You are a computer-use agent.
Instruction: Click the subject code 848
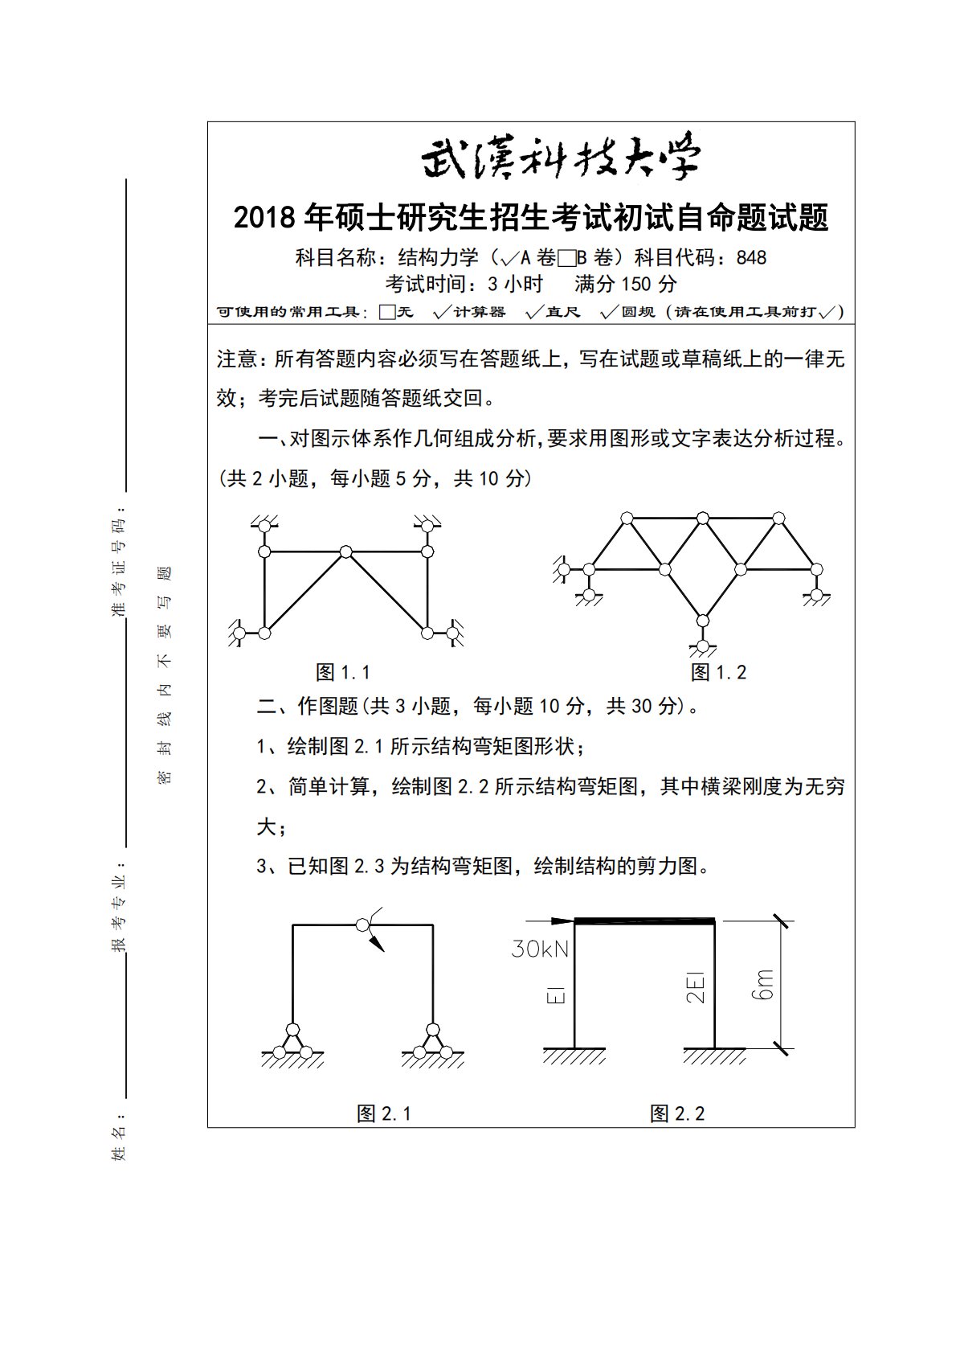click(x=751, y=258)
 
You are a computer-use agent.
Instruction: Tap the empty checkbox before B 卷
click(x=566, y=259)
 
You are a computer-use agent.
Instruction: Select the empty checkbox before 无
click(x=387, y=312)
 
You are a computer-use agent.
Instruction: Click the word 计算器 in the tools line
click(x=480, y=312)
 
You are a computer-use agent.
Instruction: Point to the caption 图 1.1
click(x=343, y=672)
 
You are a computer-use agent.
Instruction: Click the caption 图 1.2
click(x=718, y=672)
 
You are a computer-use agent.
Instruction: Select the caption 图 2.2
click(x=677, y=1113)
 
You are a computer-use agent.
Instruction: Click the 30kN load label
click(x=540, y=949)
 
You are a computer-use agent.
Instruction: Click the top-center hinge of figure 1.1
click(x=345, y=551)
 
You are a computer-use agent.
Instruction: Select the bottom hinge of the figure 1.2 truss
click(x=703, y=621)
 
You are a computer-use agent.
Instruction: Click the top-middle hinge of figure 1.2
click(x=703, y=518)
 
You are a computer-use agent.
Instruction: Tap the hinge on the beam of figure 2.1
click(x=363, y=925)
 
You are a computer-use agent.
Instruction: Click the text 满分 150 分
click(x=626, y=284)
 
